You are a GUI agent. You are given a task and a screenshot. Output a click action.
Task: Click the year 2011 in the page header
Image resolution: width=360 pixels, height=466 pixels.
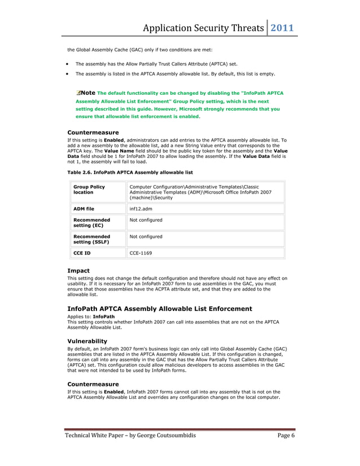283,28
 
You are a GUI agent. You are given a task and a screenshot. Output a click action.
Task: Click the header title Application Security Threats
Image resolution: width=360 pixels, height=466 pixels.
203,28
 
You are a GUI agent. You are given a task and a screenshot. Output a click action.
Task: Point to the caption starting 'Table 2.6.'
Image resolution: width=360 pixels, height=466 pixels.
130,172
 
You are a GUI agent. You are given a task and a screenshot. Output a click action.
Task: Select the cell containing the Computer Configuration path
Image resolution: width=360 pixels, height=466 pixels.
200,192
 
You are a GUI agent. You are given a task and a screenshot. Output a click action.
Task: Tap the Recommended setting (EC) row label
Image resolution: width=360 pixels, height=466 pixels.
92,223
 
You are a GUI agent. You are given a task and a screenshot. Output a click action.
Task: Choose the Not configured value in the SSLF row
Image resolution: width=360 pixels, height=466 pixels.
146,236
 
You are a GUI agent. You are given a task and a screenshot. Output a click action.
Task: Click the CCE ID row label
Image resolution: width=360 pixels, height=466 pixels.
82,253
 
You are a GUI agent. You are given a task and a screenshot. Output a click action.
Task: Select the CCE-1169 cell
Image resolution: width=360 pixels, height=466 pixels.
141,253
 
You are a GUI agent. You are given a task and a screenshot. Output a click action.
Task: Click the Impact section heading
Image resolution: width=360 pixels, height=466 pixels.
78,271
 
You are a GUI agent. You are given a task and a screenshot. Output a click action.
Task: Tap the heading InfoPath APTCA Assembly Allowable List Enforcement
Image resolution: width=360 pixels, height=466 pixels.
160,309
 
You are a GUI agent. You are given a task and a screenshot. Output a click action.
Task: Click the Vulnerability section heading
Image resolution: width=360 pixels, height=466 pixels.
87,341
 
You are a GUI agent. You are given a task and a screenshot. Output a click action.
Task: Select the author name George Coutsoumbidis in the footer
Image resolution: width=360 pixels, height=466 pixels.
156,436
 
